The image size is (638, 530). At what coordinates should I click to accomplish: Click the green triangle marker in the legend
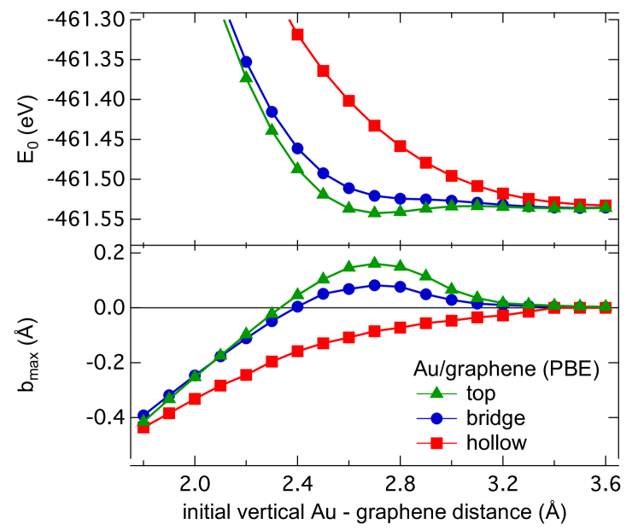coord(436,393)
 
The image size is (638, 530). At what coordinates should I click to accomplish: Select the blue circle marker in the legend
coord(436,418)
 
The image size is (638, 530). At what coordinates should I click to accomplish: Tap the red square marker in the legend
coord(436,443)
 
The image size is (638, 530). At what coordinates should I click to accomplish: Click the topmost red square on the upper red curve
coord(297,34)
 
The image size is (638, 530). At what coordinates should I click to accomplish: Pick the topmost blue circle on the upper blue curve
coord(246,61)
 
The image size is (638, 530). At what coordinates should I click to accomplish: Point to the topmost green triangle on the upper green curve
coord(246,76)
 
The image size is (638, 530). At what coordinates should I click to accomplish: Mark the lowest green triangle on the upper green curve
coord(374,211)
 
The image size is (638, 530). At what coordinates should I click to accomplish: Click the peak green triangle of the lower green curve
coord(374,262)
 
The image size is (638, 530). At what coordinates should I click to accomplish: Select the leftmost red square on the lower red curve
coord(143,427)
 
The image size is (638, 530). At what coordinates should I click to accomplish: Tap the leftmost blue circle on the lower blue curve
coord(143,416)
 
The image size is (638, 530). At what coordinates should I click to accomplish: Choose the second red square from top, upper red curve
coord(323,71)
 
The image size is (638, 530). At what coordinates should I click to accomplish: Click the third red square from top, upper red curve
coord(348,101)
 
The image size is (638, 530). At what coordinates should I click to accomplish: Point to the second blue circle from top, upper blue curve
coord(272,112)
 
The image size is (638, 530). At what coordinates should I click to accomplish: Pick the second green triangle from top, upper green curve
coord(272,130)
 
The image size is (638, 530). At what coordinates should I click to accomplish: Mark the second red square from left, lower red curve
coord(169,412)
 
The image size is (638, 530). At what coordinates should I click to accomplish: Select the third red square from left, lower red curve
coord(195,399)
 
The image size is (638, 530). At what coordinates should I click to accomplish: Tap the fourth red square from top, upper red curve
coord(374,125)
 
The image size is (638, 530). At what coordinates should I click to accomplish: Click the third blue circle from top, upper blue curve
coord(297,149)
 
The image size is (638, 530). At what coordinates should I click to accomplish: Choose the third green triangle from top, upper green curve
coord(297,167)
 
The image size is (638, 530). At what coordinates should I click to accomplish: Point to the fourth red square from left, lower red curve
coord(220,385)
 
